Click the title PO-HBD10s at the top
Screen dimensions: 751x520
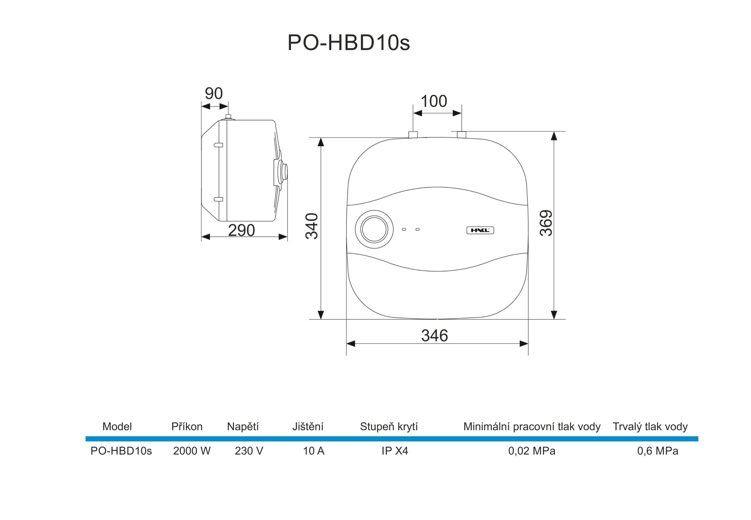pyautogui.click(x=349, y=43)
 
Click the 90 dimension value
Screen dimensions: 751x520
pyautogui.click(x=214, y=94)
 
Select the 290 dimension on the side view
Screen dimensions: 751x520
pyautogui.click(x=242, y=230)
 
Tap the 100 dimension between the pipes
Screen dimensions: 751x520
pyautogui.click(x=434, y=102)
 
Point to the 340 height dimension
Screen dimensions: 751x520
pyautogui.click(x=312, y=226)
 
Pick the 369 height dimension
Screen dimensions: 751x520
pyautogui.click(x=546, y=223)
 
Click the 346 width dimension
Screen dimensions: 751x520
pyautogui.click(x=435, y=336)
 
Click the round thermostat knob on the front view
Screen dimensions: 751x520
pyautogui.click(x=374, y=230)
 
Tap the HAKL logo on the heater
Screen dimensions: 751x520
pyautogui.click(x=480, y=230)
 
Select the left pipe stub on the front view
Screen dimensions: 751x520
pyautogui.click(x=413, y=134)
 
